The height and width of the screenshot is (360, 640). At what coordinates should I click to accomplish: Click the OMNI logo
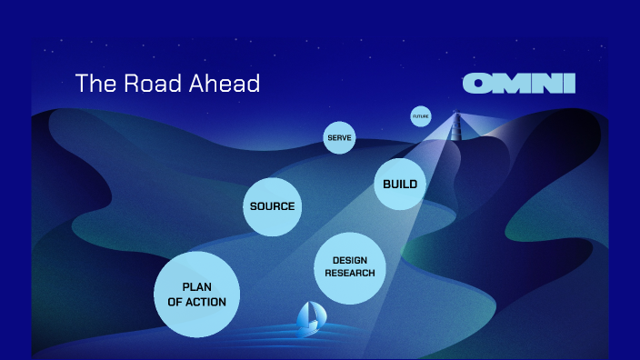[x=519, y=84]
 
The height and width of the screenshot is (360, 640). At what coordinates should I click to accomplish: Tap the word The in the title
[x=93, y=84]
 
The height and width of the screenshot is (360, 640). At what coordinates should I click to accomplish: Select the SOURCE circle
[x=272, y=206]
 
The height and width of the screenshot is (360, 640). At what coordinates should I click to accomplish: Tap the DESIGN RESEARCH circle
[x=349, y=267]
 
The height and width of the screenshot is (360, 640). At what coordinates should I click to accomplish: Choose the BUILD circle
[x=399, y=185]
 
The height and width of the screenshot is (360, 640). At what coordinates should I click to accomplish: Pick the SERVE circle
[x=339, y=138]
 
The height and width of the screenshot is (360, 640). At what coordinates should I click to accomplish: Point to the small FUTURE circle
[x=420, y=116]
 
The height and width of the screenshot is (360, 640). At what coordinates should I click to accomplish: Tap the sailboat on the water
[x=308, y=316]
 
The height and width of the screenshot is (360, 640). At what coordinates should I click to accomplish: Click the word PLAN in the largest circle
[x=196, y=287]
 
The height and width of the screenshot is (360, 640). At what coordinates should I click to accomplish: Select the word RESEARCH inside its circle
[x=349, y=274]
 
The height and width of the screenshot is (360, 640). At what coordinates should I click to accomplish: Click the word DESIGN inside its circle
[x=349, y=261]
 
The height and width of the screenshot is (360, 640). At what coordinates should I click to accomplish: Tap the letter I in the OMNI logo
[x=570, y=84]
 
